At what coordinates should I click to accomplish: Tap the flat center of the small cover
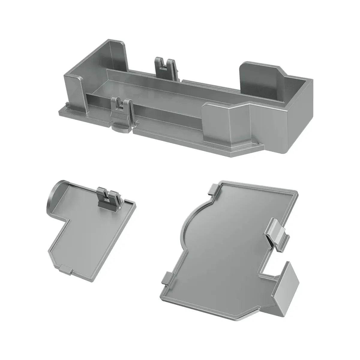(x=90, y=228)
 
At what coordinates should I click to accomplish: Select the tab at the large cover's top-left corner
(x=214, y=189)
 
